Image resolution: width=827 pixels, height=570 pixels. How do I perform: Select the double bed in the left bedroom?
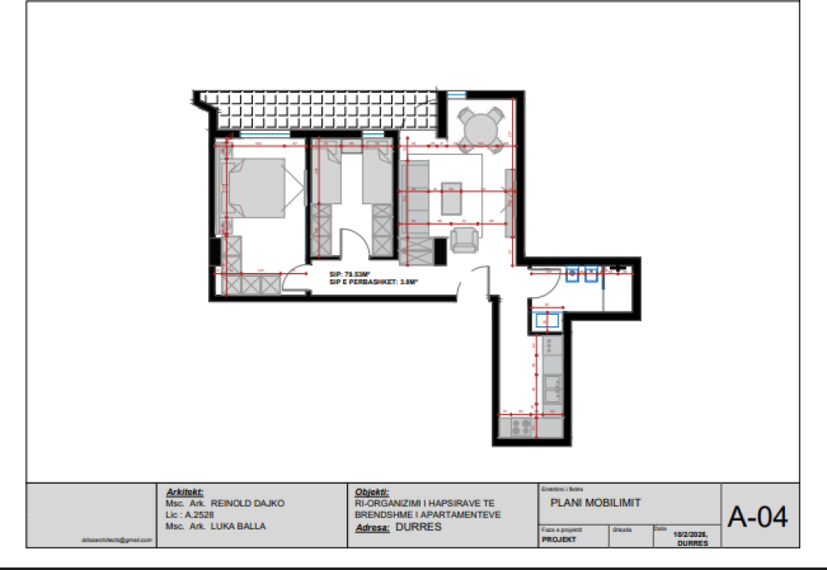coord(257,187)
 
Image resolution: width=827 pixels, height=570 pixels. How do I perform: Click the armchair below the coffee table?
coord(464,240)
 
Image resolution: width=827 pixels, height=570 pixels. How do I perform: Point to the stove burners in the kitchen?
coord(519,425)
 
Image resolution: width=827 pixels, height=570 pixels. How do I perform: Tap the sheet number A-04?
coord(758,516)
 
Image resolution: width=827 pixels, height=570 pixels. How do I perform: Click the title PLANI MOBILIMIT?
coord(595,503)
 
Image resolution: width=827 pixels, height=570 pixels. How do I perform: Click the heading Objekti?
coord(372,492)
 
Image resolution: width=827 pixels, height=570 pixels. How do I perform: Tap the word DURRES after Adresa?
coord(419,527)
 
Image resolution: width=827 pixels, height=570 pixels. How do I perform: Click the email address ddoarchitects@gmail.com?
coord(117,539)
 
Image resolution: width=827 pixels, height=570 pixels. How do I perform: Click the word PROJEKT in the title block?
coord(559,539)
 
